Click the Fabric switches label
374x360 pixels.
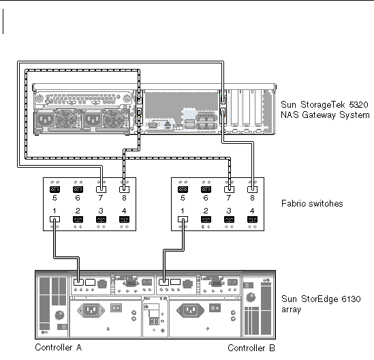click(312, 203)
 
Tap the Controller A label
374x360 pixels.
click(59, 347)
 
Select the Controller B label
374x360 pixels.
click(251, 348)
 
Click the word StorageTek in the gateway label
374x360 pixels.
click(322, 104)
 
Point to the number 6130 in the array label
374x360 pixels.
click(351, 299)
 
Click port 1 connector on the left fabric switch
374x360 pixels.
click(54, 219)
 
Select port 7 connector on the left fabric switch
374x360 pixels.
click(101, 190)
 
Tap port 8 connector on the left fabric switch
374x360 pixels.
click(124, 190)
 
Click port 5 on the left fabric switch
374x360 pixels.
click(54, 190)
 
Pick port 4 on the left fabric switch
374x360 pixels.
click(124, 219)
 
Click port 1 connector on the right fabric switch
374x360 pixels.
click(183, 219)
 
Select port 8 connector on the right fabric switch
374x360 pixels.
click(252, 190)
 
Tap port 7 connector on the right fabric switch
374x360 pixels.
click(229, 190)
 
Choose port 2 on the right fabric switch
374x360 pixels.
click(206, 219)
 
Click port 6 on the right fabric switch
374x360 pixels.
click(206, 190)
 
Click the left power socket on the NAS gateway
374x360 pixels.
click(46, 119)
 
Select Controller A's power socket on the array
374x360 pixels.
click(91, 310)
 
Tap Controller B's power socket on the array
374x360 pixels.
click(190, 310)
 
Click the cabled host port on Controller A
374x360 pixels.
click(78, 282)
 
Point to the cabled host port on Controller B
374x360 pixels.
click(163, 282)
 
